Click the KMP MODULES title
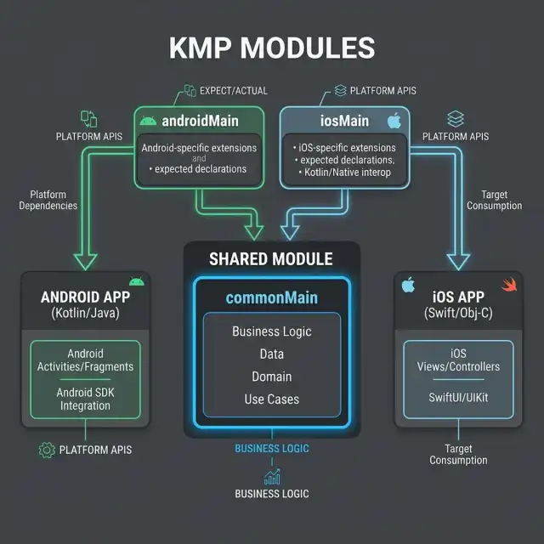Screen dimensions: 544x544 coord(272,48)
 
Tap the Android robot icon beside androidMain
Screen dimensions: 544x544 coord(148,121)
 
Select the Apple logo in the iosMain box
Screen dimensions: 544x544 coord(394,121)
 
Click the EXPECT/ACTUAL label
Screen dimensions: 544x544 coord(234,91)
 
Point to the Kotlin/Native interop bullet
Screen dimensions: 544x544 coord(345,173)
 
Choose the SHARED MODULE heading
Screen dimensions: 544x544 coord(271,259)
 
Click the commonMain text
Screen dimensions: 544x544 coord(272,297)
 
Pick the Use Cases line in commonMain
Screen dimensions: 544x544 coord(272,399)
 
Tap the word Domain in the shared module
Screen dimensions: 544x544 coord(272,377)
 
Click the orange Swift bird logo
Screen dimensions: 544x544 coord(509,285)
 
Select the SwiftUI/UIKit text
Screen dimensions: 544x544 coord(458,397)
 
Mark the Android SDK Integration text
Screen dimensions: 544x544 coord(85,399)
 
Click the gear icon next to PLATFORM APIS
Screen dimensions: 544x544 coord(47,450)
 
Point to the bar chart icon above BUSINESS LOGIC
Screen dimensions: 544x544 coord(272,477)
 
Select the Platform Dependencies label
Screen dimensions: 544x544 coord(48,200)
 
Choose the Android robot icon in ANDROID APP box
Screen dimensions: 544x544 coord(137,281)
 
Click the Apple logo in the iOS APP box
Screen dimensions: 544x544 coord(408,285)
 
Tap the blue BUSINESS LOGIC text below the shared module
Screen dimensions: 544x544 coord(272,448)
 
